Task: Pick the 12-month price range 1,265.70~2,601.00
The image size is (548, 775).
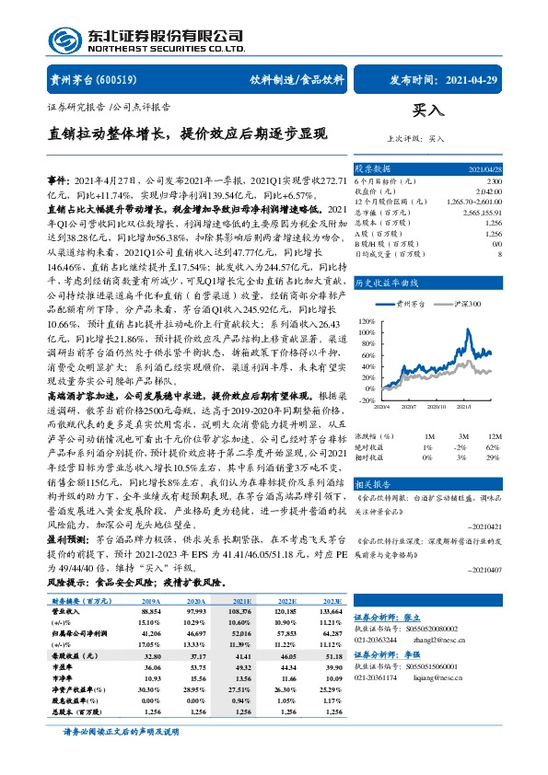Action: coord(472,200)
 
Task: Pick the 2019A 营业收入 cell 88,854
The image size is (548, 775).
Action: coord(154,610)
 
